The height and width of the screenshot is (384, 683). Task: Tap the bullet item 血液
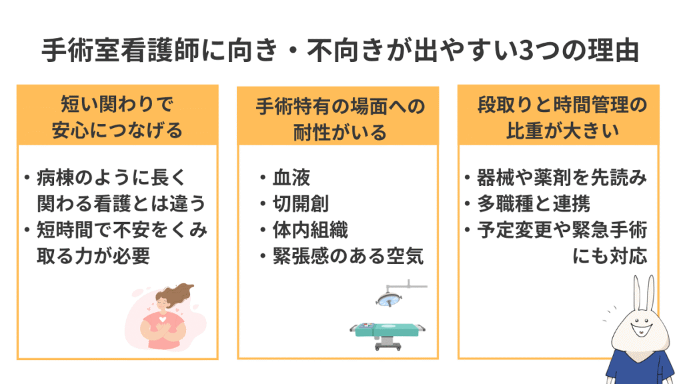tap(291, 178)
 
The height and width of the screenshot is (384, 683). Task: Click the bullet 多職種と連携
tap(533, 204)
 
